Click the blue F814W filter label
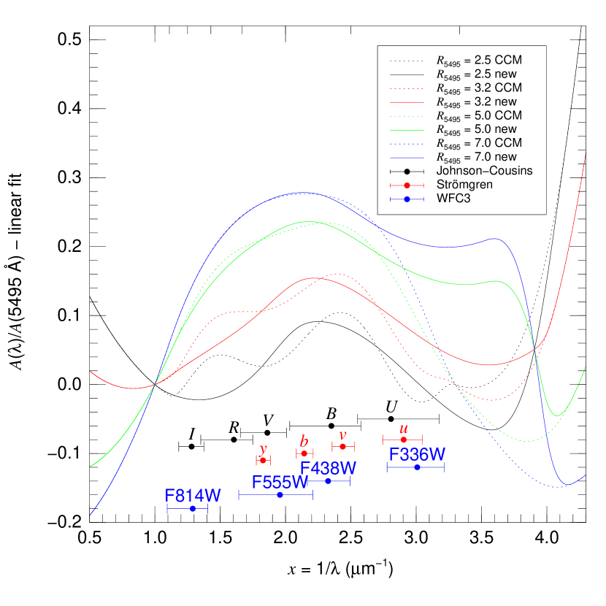point(193,496)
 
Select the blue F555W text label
point(280,483)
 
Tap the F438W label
point(328,468)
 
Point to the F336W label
point(417,455)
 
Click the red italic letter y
point(264,449)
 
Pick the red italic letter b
point(304,442)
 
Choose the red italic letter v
point(342,435)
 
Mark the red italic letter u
point(404,429)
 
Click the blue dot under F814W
point(192,508)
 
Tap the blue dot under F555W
point(280,495)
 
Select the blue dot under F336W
point(417,467)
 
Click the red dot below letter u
point(404,440)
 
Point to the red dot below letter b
point(304,453)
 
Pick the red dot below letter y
point(263,460)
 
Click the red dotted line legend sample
point(407,89)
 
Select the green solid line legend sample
point(407,130)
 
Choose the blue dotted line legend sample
point(407,144)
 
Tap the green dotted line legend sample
point(407,116)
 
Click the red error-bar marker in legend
point(407,185)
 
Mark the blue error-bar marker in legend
point(407,199)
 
